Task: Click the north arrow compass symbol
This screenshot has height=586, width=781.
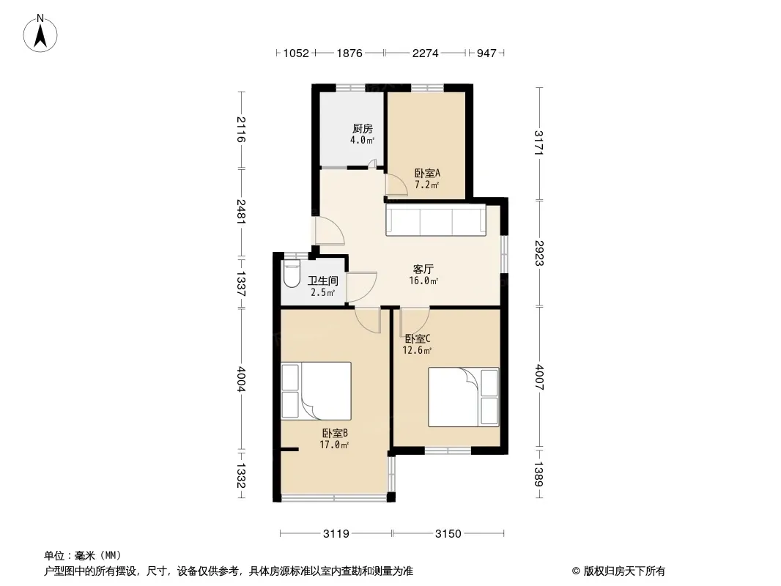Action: (40, 34)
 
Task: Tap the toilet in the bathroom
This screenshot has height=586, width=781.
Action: (291, 275)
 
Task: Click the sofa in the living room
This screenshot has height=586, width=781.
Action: (436, 220)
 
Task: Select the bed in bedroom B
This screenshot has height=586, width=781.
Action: (317, 391)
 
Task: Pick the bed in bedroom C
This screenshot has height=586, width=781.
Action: (464, 397)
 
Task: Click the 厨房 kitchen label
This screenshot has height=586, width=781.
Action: (363, 129)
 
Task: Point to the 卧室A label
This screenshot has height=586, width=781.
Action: (427, 174)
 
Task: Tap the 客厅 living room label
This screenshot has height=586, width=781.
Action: (423, 270)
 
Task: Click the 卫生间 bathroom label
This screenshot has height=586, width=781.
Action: (323, 281)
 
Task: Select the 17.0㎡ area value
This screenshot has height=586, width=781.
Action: (333, 445)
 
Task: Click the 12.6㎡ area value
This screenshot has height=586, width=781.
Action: (417, 351)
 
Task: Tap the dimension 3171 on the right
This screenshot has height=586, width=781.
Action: (539, 143)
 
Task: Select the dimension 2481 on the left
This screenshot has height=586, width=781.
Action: (241, 212)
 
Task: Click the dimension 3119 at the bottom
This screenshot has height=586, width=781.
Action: (336, 534)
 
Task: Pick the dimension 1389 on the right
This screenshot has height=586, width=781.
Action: (539, 474)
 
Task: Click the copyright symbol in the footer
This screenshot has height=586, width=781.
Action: (576, 571)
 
